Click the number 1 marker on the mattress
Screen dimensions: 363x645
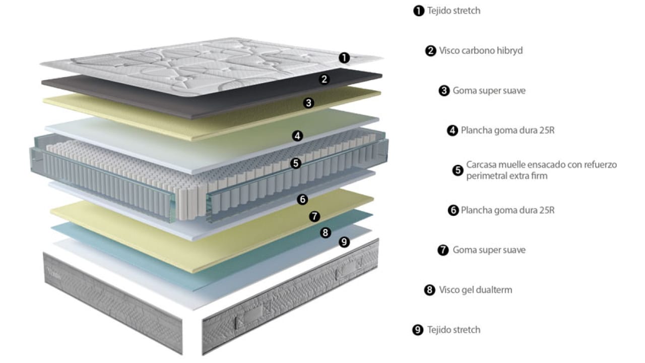[x=344, y=58]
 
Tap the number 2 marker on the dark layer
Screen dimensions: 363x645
[x=325, y=79]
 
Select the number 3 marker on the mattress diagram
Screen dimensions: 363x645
[x=309, y=103]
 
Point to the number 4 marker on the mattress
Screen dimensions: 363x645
[x=298, y=136]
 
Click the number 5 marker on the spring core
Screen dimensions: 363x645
[x=296, y=163]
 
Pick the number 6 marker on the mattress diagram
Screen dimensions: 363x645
[x=302, y=199]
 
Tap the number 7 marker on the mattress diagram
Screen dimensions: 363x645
[x=314, y=216]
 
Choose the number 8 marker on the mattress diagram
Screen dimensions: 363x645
[x=326, y=232]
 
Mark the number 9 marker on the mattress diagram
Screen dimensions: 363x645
[x=344, y=242]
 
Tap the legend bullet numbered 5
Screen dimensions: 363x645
[x=458, y=170]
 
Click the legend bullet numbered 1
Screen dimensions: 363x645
[x=418, y=11]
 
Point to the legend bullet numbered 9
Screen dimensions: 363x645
[x=418, y=330]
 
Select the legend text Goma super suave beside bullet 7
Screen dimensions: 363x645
[x=489, y=250]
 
